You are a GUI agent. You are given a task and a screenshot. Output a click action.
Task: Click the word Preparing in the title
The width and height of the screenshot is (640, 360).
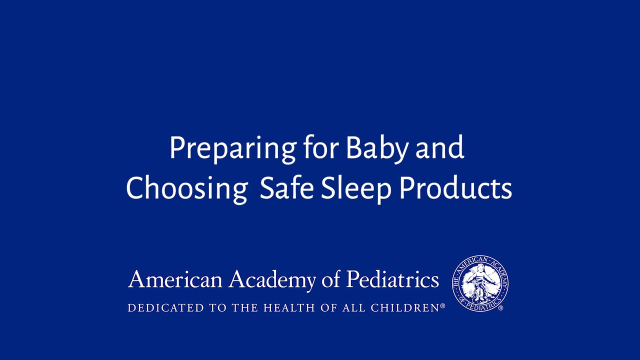coord(232,149)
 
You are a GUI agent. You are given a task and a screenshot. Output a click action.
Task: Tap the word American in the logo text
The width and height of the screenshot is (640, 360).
coord(175,279)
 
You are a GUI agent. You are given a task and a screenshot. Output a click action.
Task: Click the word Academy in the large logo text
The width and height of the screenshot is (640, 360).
coord(272,280)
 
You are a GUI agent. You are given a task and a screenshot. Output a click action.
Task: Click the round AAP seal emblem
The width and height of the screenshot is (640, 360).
coord(480,283)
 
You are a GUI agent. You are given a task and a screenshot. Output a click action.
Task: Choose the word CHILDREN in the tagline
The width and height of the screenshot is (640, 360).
coord(405,308)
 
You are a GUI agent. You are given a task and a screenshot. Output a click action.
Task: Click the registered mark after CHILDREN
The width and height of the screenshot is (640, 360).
coord(442,305)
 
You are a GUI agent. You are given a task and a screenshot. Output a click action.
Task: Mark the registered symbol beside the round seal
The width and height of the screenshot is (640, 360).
coord(500,308)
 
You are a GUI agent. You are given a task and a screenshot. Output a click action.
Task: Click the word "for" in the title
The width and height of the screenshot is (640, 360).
coord(321,147)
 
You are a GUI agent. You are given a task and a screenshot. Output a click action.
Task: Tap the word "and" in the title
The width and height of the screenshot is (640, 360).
coord(440,147)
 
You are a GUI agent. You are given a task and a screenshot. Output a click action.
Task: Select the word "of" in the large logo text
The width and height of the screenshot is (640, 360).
coord(331,279)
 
